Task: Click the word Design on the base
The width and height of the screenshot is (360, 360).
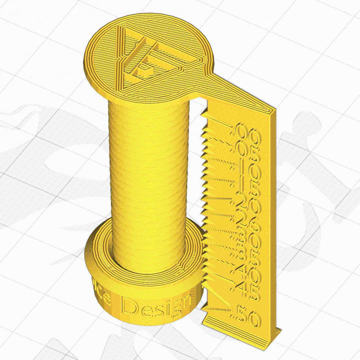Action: tap(157, 304)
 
